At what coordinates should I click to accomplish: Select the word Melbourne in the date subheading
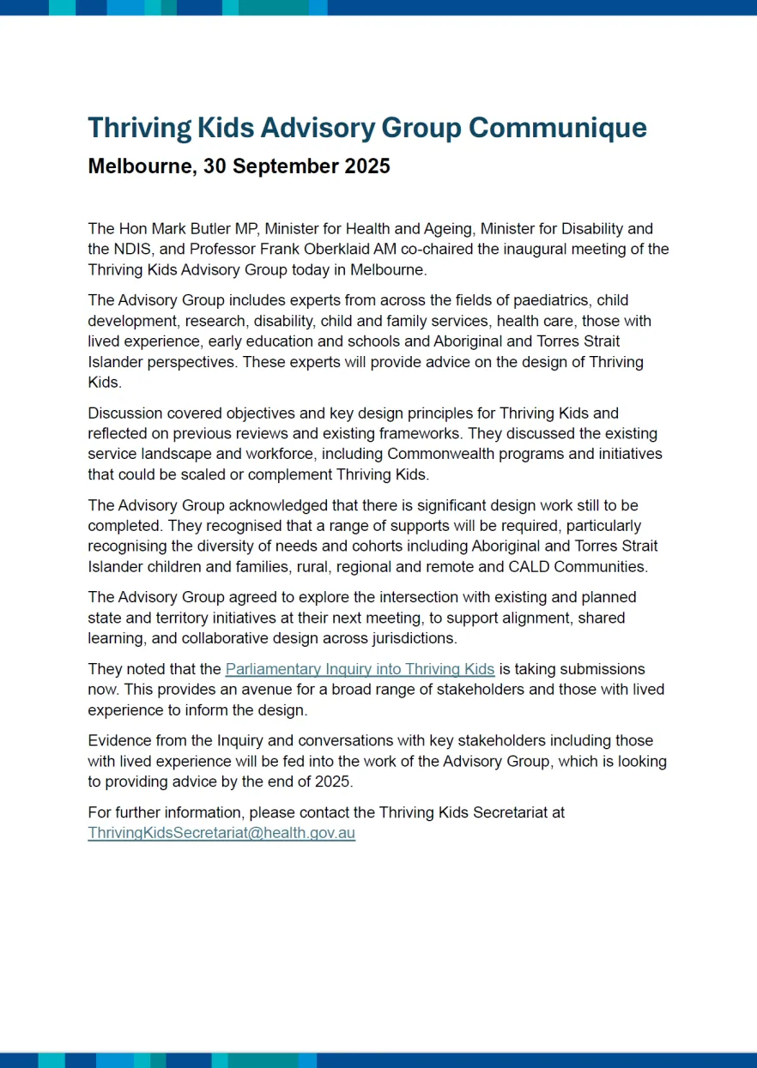[x=141, y=166]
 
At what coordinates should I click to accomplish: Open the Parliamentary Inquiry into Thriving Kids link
[x=360, y=669]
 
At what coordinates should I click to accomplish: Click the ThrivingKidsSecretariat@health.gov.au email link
[x=221, y=833]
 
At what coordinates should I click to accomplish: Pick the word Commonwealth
[x=439, y=454]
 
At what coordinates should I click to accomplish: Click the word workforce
[x=319, y=454]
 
